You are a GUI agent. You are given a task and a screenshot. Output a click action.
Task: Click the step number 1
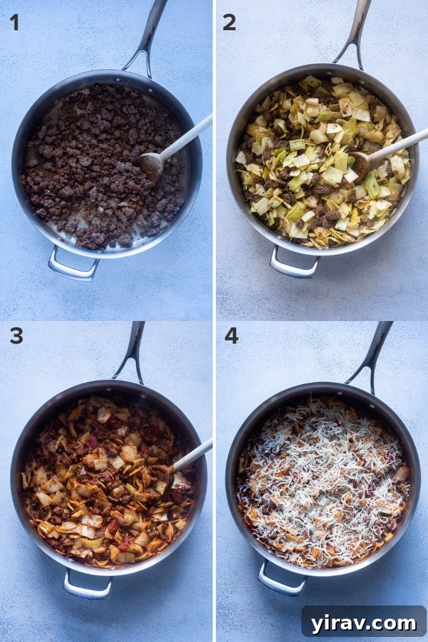click(14, 22)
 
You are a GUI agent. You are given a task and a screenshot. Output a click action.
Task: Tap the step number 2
click(229, 22)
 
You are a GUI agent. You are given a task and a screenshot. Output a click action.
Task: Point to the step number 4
click(231, 335)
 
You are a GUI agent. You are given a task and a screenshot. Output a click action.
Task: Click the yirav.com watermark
click(363, 623)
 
